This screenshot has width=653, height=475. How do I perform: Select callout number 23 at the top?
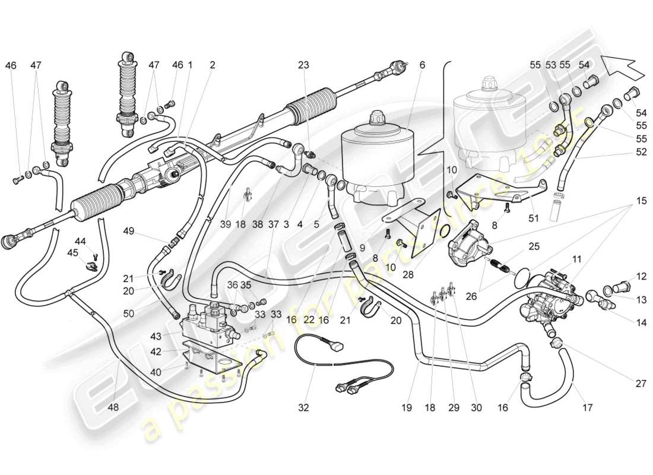303,65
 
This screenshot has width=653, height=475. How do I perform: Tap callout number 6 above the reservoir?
422,65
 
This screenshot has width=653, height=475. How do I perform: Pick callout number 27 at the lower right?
641,384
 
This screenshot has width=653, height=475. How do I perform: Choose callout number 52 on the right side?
641,152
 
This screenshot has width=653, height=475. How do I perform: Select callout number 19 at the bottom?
406,408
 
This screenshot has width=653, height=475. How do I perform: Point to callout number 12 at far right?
641,276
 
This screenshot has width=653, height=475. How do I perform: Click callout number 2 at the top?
212,65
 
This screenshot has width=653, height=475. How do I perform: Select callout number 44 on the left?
80,242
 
